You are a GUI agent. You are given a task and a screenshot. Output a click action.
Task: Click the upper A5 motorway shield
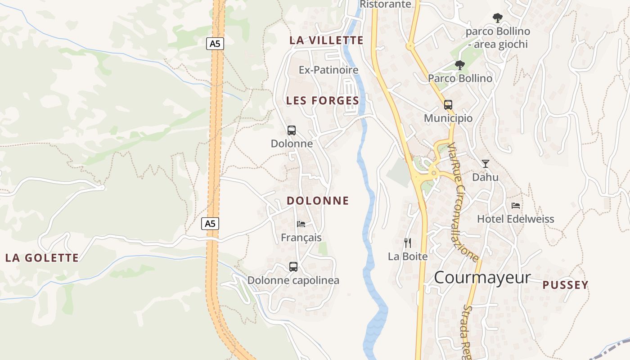(216, 44)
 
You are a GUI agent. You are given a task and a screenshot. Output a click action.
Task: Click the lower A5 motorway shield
(210, 224)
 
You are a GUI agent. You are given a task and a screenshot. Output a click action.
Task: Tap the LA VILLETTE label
(326, 40)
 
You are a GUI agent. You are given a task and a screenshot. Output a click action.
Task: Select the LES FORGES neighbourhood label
(323, 101)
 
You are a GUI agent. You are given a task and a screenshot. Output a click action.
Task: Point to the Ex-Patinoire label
(328, 70)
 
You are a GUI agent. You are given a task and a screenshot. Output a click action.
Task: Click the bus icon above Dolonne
(292, 130)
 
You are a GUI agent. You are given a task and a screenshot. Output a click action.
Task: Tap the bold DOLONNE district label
(318, 201)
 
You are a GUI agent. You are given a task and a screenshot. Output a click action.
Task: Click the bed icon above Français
(301, 224)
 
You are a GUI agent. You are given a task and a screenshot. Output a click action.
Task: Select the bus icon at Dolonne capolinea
(293, 267)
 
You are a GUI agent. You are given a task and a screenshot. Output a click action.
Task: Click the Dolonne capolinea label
(293, 280)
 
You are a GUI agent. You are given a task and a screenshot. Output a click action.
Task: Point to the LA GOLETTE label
(42, 258)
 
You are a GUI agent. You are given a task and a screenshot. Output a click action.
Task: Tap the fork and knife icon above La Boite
(408, 243)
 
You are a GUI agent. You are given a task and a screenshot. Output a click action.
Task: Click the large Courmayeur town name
(482, 278)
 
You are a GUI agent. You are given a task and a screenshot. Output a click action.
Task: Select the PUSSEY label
(565, 285)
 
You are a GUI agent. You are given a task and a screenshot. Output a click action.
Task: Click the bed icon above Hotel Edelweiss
(516, 206)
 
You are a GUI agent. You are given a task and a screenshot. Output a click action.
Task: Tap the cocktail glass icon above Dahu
(486, 163)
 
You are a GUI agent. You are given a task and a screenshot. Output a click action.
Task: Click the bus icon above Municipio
(448, 105)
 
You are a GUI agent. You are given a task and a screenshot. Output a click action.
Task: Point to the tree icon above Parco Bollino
(459, 65)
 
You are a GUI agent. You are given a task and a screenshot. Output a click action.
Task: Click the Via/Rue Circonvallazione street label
(463, 202)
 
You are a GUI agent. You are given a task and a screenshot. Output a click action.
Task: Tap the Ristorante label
(386, 4)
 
